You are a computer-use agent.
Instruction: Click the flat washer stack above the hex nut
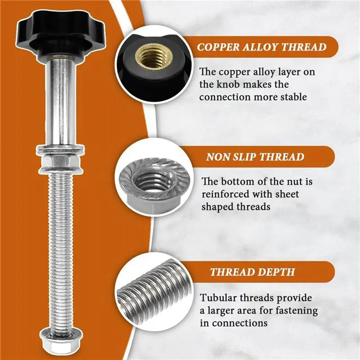tap(60, 149)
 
